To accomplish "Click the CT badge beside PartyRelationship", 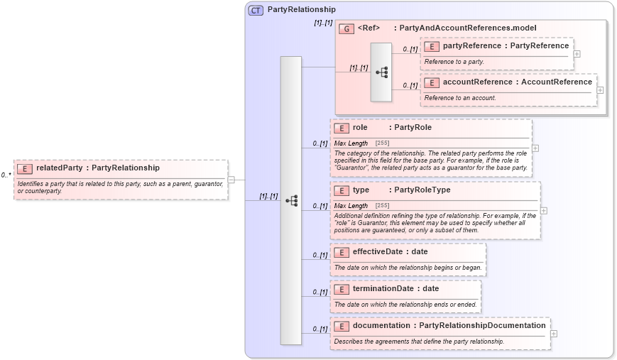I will [x=256, y=10].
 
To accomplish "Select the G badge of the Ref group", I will [x=346, y=28].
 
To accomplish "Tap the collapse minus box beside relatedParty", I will [x=231, y=180].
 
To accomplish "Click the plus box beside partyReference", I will [x=577, y=54].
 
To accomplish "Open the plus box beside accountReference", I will [x=600, y=90].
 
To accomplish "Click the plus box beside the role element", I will [x=535, y=148].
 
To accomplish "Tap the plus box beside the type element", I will [x=543, y=210].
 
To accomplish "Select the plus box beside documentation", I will [x=553, y=334].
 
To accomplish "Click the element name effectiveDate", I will [x=381, y=251].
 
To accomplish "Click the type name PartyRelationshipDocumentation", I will [x=482, y=325].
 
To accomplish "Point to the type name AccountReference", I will [x=557, y=82].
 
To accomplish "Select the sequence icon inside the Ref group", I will [x=381, y=72].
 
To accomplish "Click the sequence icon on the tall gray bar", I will [x=291, y=201].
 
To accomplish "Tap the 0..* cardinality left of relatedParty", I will [x=6, y=175].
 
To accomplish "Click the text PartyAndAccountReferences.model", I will [x=467, y=28].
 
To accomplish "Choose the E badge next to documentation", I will [x=342, y=326].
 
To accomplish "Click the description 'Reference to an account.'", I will [x=460, y=97].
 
